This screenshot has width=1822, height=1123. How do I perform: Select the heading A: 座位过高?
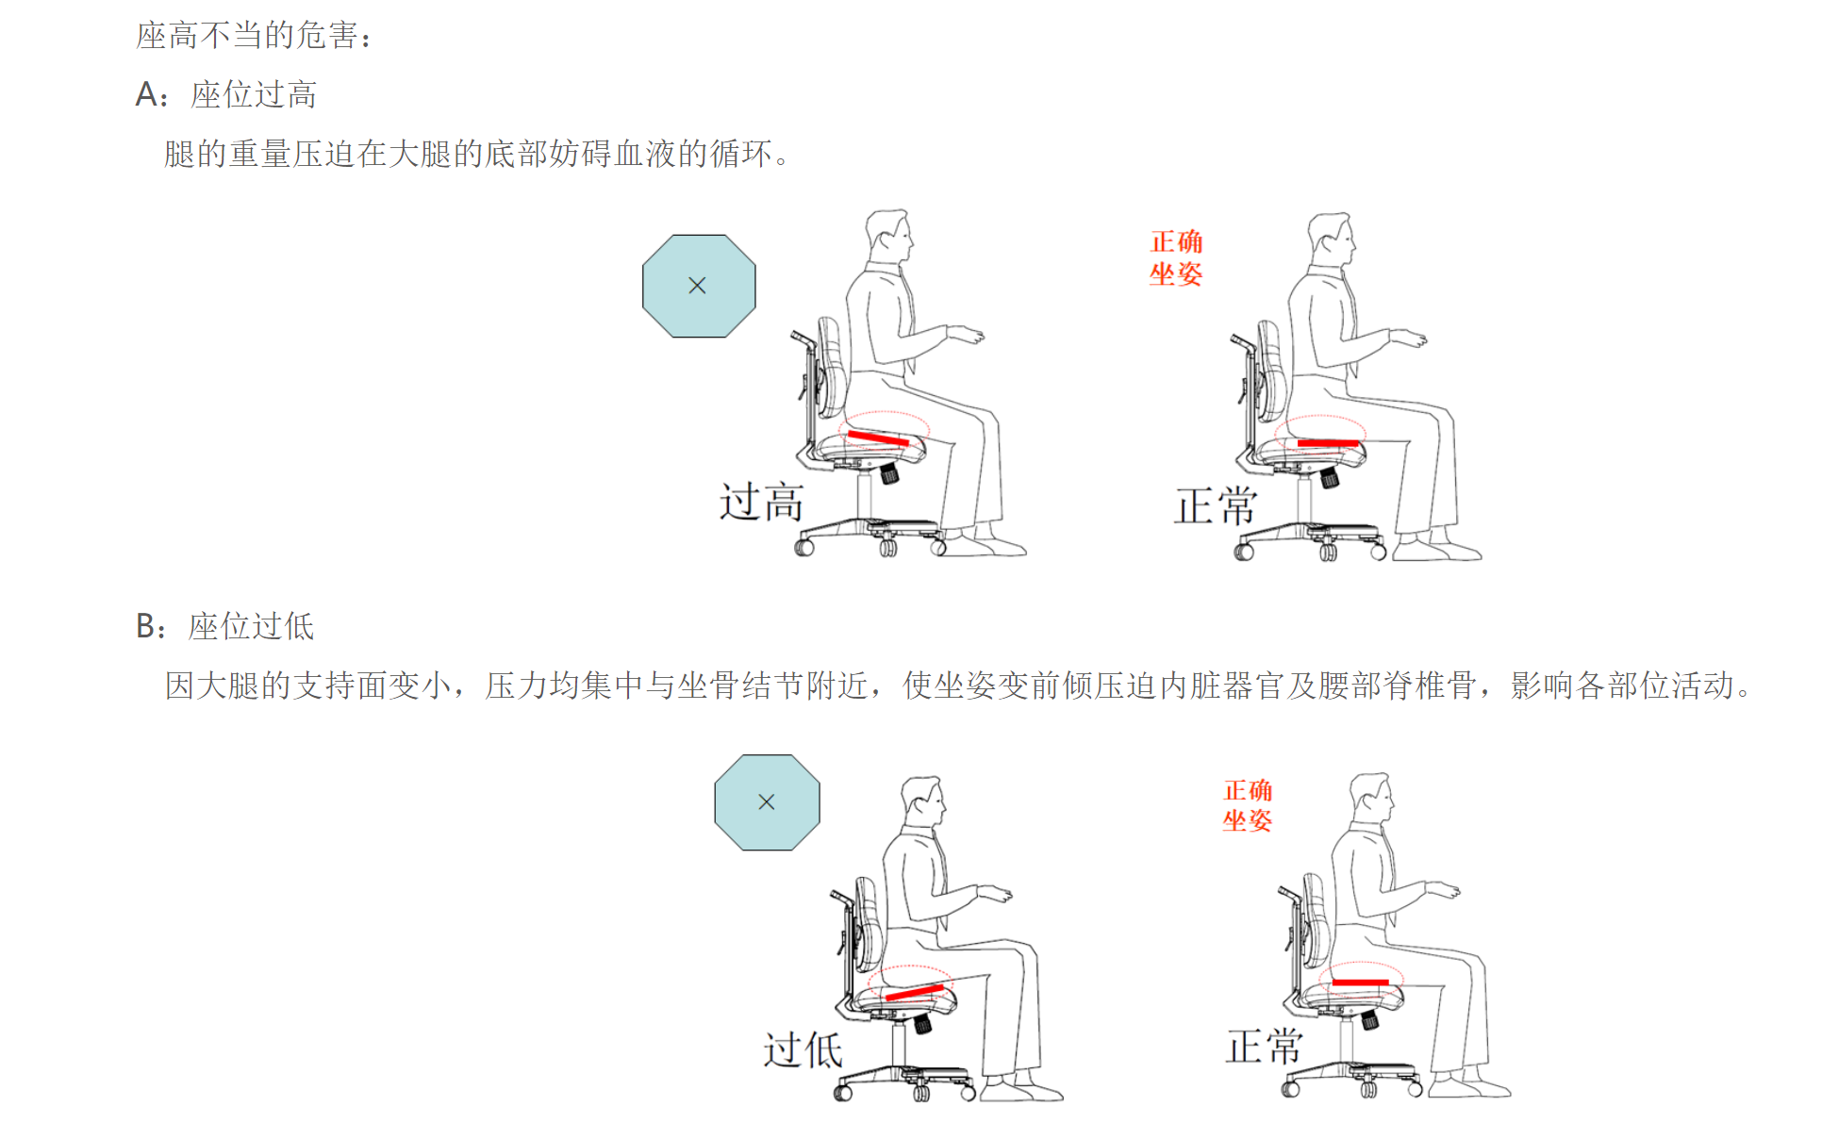(226, 94)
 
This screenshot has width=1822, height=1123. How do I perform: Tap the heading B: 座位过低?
(224, 626)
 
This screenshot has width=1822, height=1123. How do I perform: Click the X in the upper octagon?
(698, 285)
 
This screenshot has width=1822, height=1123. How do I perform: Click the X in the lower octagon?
(767, 801)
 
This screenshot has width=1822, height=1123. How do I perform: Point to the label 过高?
(761, 502)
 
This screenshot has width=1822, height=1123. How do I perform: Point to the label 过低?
(803, 1049)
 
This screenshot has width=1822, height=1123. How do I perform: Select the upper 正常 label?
(1216, 506)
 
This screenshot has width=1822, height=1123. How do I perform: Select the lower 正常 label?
(1265, 1047)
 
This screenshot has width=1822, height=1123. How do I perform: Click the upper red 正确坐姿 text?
(1176, 257)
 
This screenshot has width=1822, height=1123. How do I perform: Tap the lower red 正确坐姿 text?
(1248, 805)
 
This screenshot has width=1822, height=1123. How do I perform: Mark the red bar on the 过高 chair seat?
(878, 438)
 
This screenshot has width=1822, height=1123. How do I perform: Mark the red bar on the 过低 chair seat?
(915, 992)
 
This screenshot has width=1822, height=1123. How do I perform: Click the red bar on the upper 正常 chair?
(1328, 443)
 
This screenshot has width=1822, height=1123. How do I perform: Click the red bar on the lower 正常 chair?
(1360, 983)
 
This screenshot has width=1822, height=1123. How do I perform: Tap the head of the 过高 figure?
(889, 236)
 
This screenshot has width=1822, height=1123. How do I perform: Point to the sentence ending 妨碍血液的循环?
(477, 154)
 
